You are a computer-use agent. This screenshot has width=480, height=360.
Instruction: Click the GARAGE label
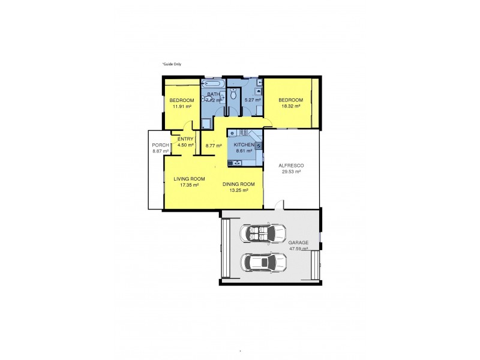click(298, 242)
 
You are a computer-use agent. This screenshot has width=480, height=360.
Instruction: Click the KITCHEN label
click(244, 145)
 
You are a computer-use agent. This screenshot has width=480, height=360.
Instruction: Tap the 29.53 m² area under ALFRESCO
click(291, 172)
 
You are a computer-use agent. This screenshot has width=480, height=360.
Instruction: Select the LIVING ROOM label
click(190, 179)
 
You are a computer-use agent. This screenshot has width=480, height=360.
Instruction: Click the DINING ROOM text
click(239, 184)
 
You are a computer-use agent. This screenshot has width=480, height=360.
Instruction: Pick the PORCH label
click(160, 145)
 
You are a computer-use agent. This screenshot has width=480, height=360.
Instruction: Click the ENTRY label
click(185, 139)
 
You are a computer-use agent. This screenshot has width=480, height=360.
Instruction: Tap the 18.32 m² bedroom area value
click(290, 106)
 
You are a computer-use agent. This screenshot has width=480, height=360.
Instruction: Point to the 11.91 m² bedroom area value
click(181, 106)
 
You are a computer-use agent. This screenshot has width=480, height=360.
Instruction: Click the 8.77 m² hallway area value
click(214, 146)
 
